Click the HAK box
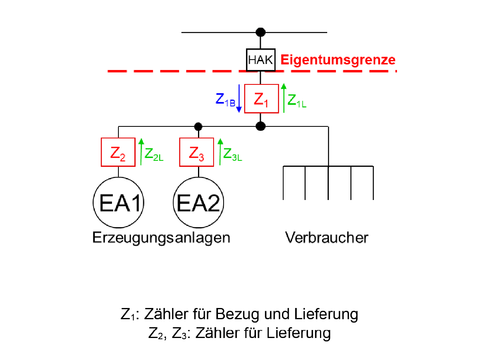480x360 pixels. point(260,60)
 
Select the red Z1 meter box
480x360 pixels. point(261,99)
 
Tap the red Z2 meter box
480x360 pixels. point(118,152)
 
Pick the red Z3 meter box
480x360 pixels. point(197,152)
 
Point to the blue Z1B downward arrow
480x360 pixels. point(239,98)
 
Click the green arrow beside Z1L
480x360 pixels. point(284,98)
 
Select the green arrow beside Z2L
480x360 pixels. point(141,152)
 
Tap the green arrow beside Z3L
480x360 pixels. point(220,152)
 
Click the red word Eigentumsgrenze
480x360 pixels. point(338,60)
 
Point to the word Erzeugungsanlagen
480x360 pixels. point(161,238)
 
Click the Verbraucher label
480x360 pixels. point(326,238)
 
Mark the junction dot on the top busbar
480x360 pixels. point(260,32)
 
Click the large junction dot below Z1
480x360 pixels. point(260,126)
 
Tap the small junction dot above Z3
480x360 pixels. point(197,127)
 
